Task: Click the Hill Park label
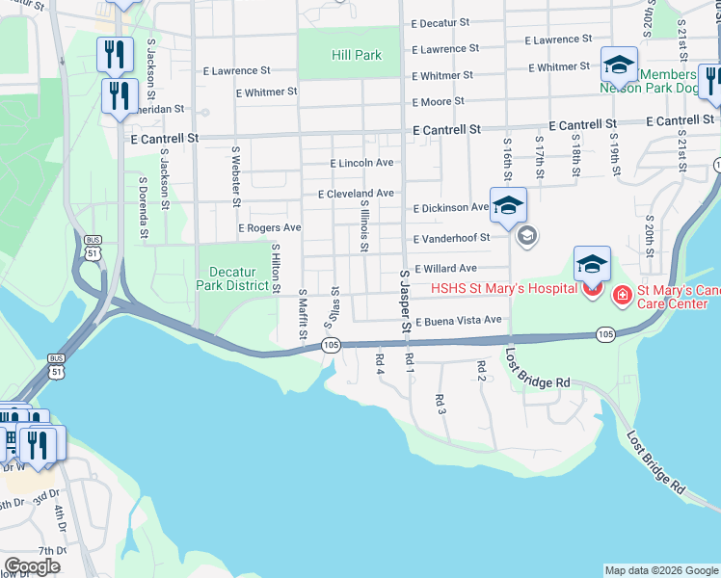tap(357, 55)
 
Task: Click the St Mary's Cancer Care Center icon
tap(623, 294)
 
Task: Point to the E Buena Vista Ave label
tap(459, 320)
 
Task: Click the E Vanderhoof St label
tap(451, 238)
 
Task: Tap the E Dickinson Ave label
tap(451, 207)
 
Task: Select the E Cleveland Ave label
tap(357, 193)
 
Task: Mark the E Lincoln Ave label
tap(361, 163)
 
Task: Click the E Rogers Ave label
tap(270, 227)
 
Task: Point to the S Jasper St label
tap(405, 301)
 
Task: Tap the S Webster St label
tap(234, 174)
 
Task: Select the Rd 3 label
tap(441, 404)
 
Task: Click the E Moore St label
tap(438, 101)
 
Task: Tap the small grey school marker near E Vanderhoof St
tap(526, 235)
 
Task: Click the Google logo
tap(32, 565)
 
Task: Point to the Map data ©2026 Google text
tap(661, 570)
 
